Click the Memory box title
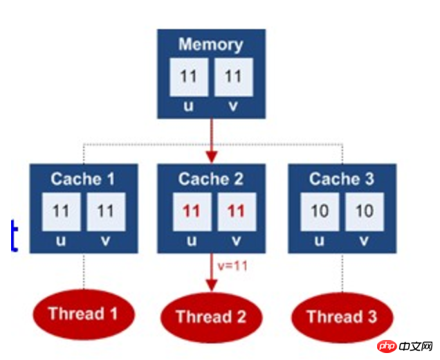click(x=210, y=45)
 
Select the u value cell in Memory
click(x=189, y=77)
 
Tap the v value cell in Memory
click(x=232, y=77)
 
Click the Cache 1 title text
click(x=82, y=179)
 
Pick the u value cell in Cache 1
click(x=61, y=211)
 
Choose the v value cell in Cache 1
click(x=104, y=211)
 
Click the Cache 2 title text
click(x=211, y=179)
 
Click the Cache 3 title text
click(x=342, y=179)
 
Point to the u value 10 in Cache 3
click(x=320, y=211)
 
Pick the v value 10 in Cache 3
click(x=364, y=211)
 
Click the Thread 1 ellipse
click(x=82, y=314)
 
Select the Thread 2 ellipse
click(x=211, y=318)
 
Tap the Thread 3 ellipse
click(x=342, y=317)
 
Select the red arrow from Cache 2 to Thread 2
click(x=211, y=273)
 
